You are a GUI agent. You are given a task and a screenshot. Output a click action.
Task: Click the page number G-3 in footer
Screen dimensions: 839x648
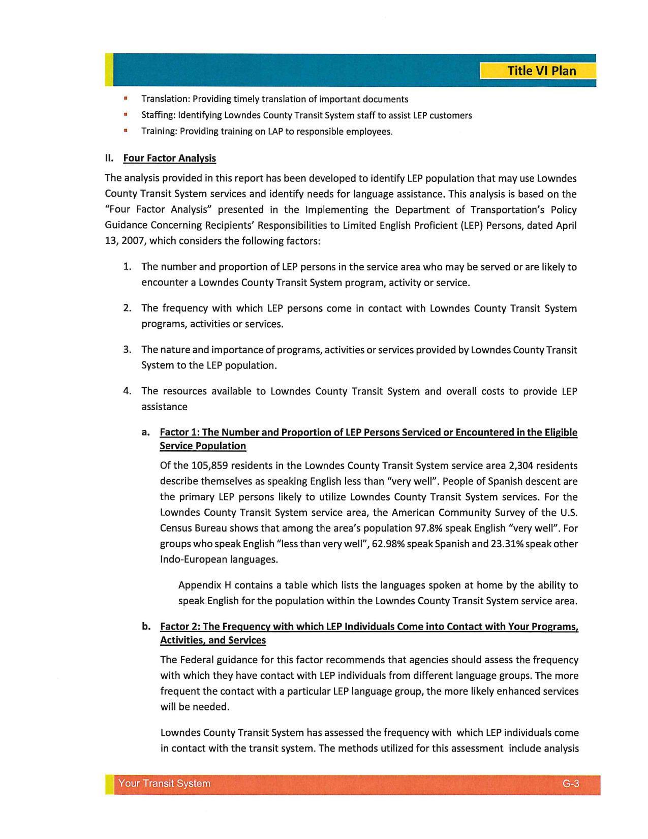click(x=571, y=784)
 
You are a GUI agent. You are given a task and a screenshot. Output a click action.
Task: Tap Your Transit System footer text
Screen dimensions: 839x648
click(x=164, y=784)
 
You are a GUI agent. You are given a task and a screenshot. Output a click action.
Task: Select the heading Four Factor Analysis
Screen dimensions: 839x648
click(x=169, y=158)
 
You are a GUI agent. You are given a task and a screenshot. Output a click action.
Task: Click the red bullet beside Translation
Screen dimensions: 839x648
click(x=125, y=98)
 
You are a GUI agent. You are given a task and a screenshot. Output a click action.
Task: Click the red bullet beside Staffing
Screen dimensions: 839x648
click(x=125, y=114)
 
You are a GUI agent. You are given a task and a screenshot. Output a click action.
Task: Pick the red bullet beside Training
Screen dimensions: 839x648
click(x=125, y=131)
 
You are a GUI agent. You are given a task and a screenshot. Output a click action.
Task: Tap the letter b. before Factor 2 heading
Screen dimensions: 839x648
click(x=146, y=626)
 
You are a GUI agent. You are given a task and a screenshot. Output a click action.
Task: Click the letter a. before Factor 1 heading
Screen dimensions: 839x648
click(x=146, y=432)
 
